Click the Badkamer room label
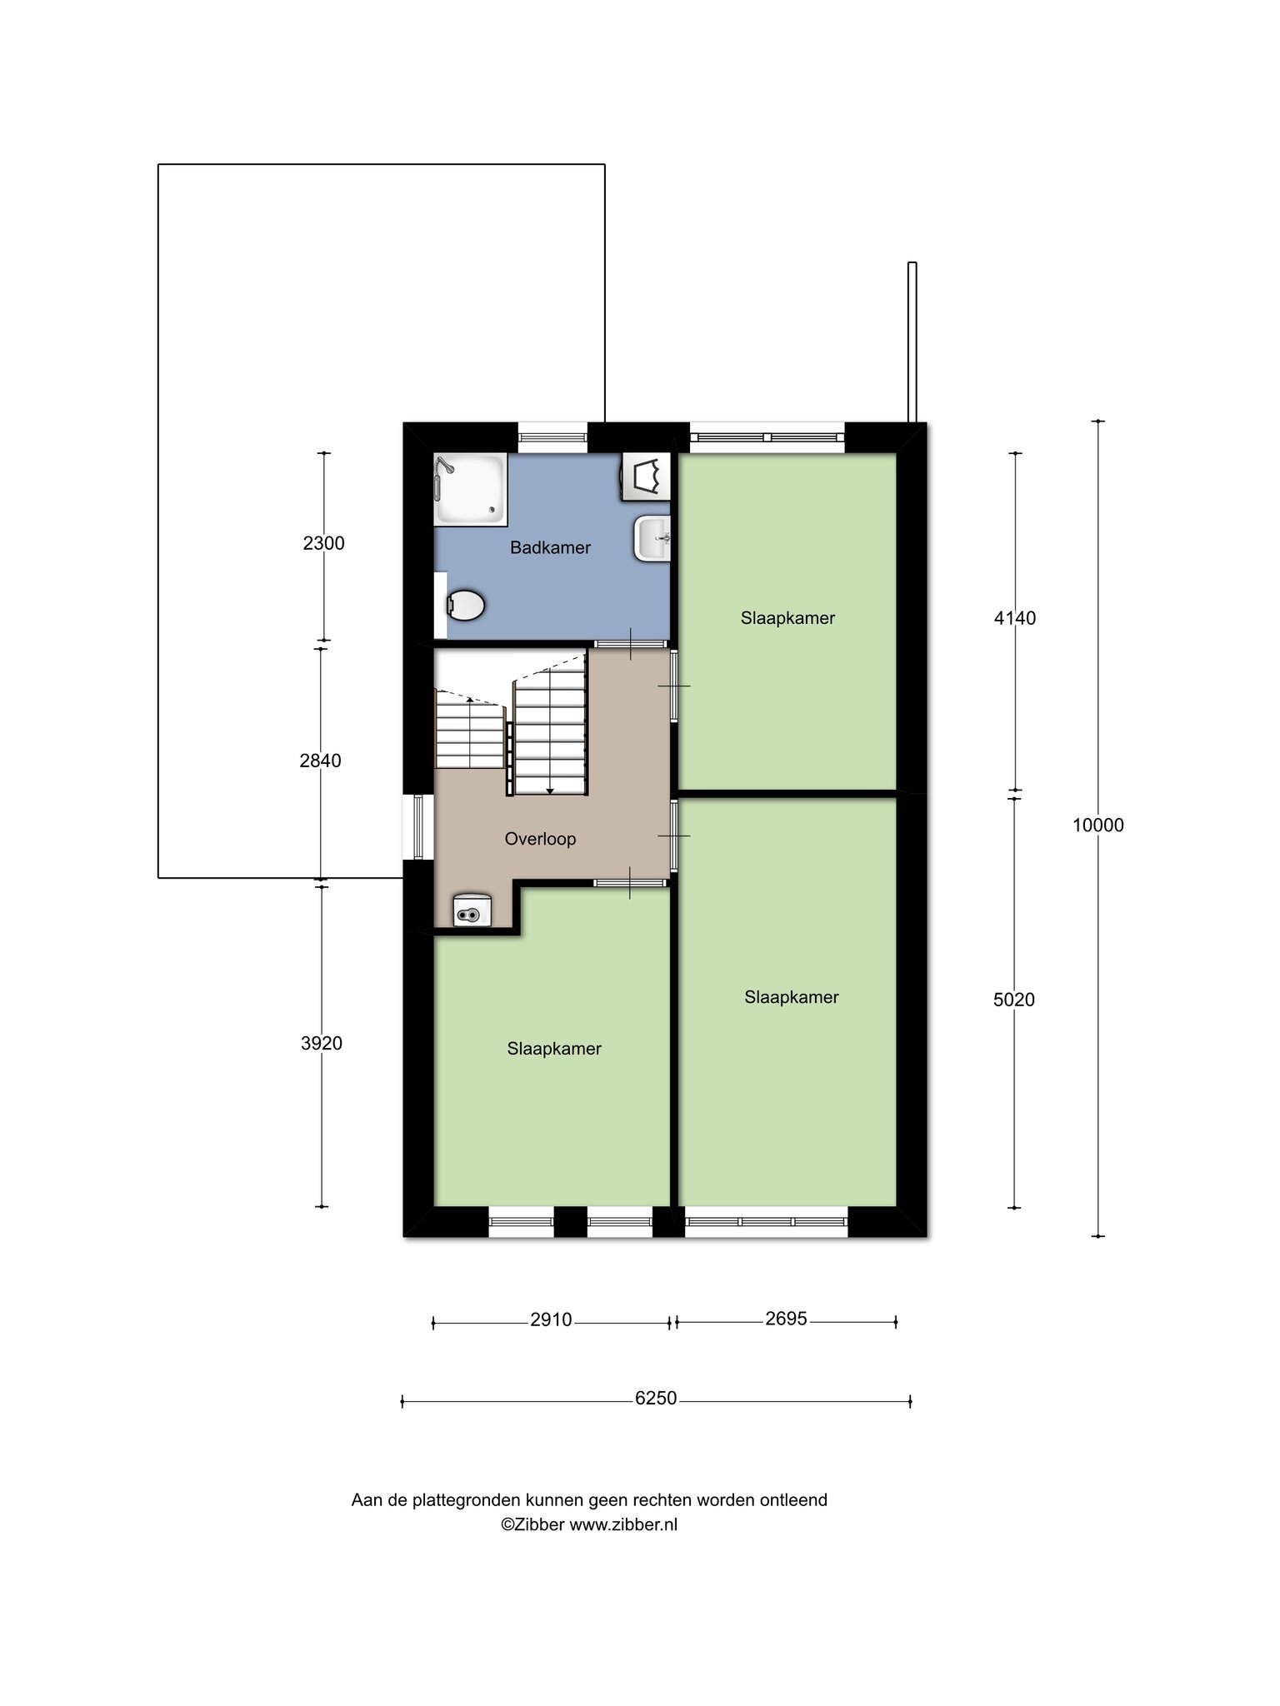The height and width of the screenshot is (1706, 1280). [550, 547]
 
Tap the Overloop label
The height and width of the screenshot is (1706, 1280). [540, 839]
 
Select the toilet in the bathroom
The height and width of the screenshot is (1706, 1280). [464, 606]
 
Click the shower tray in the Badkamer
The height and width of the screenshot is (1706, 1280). [470, 489]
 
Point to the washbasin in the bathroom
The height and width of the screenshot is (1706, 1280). [652, 538]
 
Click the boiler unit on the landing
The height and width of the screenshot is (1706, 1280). [472, 910]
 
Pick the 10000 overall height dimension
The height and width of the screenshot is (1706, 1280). [1097, 826]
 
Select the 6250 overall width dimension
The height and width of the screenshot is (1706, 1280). [656, 1398]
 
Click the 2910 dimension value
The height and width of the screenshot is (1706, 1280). [551, 1319]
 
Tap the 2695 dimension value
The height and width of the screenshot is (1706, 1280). [786, 1319]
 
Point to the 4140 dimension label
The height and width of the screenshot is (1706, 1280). [1015, 618]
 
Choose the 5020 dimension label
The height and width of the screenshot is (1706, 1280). [1014, 1000]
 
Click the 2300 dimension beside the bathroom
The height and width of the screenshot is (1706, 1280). [323, 543]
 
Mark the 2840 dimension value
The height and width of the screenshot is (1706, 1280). [321, 761]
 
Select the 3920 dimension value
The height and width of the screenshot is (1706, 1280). [322, 1043]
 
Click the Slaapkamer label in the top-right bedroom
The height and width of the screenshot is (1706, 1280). [787, 618]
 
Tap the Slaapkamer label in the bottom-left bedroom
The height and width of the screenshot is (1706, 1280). [554, 1049]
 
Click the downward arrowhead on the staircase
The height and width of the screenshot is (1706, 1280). [550, 791]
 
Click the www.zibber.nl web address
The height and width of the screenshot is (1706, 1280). [623, 1524]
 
